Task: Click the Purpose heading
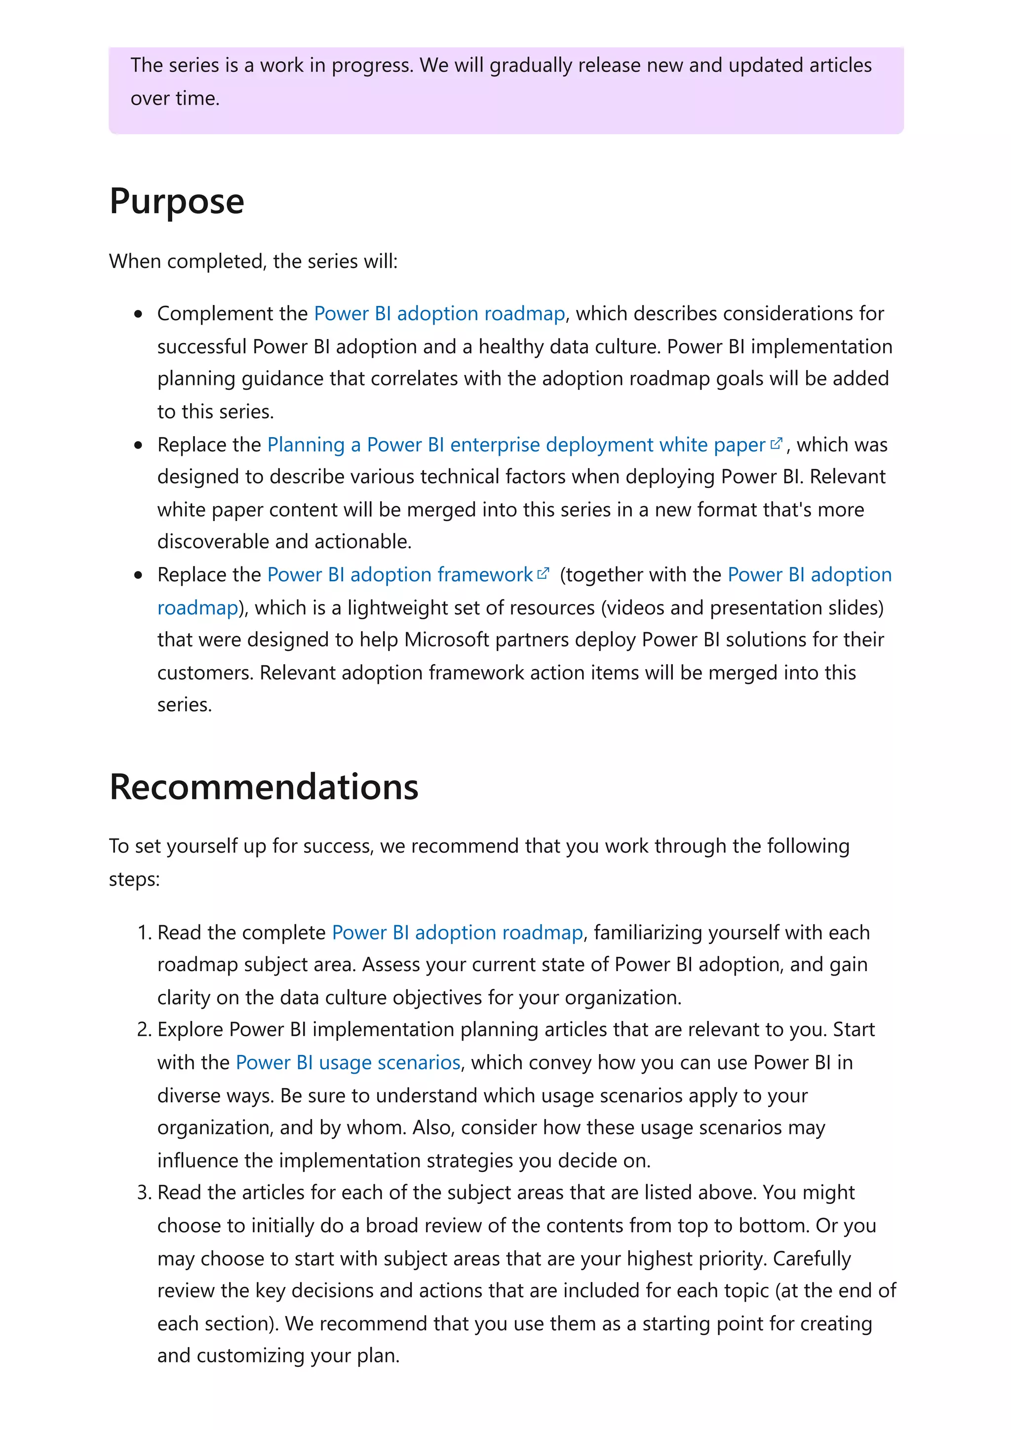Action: pyautogui.click(x=176, y=201)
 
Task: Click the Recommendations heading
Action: pyautogui.click(x=264, y=787)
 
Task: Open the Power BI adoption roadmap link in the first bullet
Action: pyautogui.click(x=439, y=313)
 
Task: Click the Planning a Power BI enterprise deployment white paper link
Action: pyautogui.click(x=516, y=445)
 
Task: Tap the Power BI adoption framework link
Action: pyautogui.click(x=399, y=574)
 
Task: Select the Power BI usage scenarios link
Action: pyautogui.click(x=348, y=1062)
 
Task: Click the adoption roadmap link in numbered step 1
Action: pyautogui.click(x=457, y=933)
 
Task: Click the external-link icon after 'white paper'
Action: pyautogui.click(x=776, y=444)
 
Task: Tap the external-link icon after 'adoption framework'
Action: pyautogui.click(x=543, y=573)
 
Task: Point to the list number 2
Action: pyautogui.click(x=144, y=1029)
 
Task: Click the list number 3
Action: pyautogui.click(x=144, y=1192)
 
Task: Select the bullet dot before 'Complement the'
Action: pyautogui.click(x=138, y=314)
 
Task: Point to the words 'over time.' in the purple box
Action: pyautogui.click(x=175, y=98)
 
